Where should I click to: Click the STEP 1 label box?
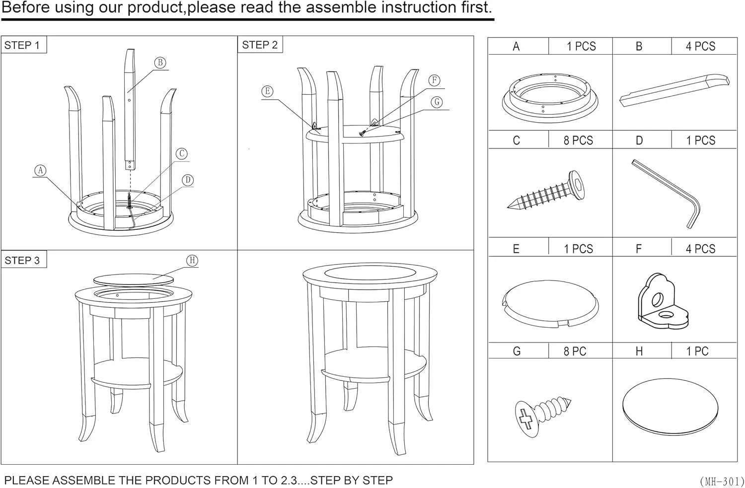[23, 45]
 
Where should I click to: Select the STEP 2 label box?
[260, 45]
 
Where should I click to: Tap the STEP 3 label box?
[23, 260]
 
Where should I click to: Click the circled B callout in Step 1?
[160, 63]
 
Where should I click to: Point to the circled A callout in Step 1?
[40, 171]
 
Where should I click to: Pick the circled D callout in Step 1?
[188, 180]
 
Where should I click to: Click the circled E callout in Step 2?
[267, 91]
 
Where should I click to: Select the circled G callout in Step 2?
[437, 102]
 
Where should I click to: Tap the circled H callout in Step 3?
[192, 261]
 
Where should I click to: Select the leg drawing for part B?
[674, 89]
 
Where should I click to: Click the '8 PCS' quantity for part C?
[578, 140]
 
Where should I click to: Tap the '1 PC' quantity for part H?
[697, 351]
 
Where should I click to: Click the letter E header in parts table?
[516, 249]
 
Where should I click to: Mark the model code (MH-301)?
[722, 481]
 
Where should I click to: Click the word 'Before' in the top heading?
[25, 8]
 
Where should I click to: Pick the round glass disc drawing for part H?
[670, 407]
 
